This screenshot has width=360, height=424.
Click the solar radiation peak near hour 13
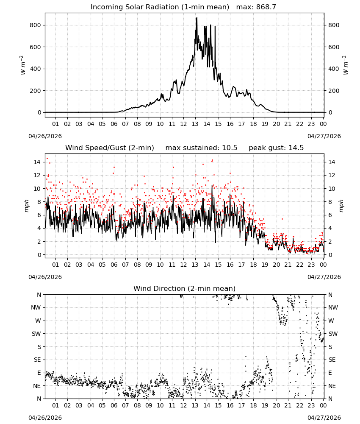tap(197, 18)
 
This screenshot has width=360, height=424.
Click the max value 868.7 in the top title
tap(266, 7)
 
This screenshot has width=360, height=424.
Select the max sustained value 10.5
tap(230, 148)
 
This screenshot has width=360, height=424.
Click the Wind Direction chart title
tap(185, 288)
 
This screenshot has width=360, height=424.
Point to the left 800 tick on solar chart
tap(36, 25)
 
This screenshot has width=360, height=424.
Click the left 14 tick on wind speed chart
tap(37, 162)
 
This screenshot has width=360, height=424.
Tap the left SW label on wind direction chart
tap(36, 334)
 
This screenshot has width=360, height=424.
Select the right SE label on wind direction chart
tap(332, 360)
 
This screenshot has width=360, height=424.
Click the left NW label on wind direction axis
tap(36, 307)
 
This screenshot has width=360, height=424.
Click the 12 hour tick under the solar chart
tap(183, 124)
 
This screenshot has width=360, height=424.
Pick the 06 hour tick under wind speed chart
tap(114, 265)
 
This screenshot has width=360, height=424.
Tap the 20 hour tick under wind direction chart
tap(276, 405)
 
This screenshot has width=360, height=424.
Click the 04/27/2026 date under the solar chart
tap(324, 136)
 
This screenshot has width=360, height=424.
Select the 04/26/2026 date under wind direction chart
tap(45, 418)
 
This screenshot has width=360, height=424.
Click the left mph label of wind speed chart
tap(26, 206)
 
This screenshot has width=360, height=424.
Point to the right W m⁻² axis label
tap(346, 65)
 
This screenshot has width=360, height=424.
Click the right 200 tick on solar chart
tap(334, 91)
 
